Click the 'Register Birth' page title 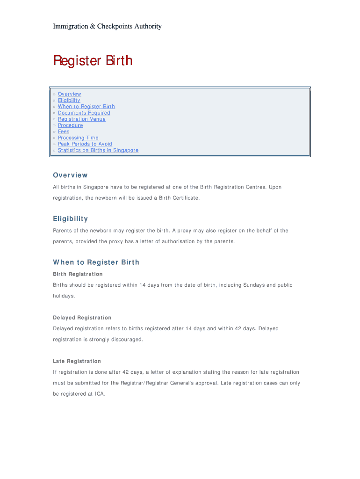(x=93, y=61)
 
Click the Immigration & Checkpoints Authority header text (x=107, y=26)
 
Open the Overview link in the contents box (x=69, y=94)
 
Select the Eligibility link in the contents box (x=69, y=100)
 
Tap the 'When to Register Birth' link (x=86, y=107)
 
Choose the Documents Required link (x=84, y=113)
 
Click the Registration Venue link (x=81, y=119)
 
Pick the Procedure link (x=70, y=125)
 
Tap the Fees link (x=64, y=131)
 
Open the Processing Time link (x=78, y=138)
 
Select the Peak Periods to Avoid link (x=85, y=144)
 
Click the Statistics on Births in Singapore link (x=98, y=150)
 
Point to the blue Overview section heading (x=70, y=175)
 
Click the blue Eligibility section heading (x=70, y=219)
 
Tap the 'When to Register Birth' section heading (x=96, y=262)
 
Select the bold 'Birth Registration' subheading (x=78, y=274)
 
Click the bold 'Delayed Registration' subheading (x=82, y=318)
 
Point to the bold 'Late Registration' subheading (x=77, y=361)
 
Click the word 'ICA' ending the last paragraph (x=99, y=394)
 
